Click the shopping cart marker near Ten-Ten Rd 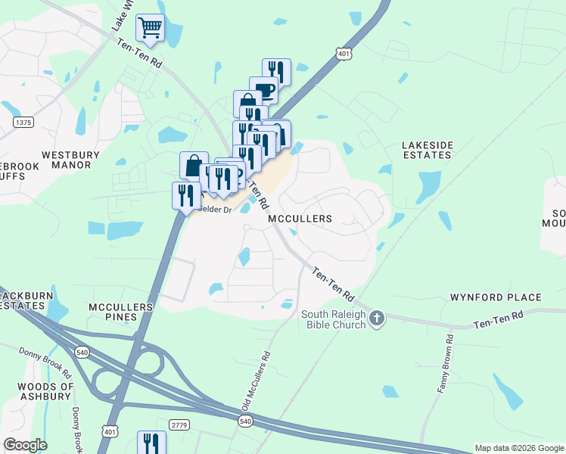[150, 28]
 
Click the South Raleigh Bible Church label [333, 319]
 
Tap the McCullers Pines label [121, 313]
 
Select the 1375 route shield [23, 122]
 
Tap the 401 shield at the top [344, 54]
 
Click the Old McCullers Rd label [255, 382]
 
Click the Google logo [25, 445]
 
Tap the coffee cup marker [263, 90]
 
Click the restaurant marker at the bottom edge [151, 442]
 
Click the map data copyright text [519, 448]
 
